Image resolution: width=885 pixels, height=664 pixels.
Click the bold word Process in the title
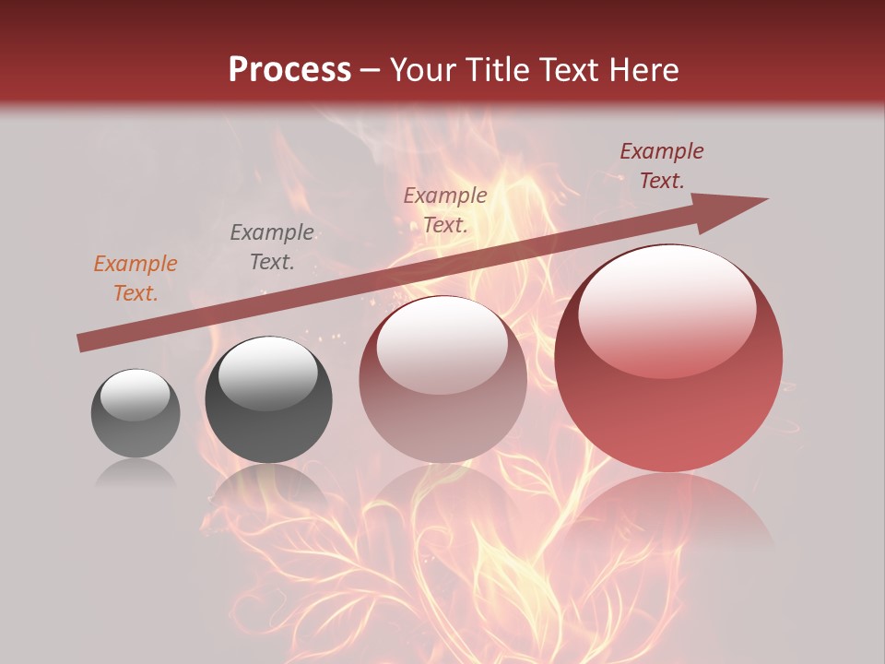point(289,69)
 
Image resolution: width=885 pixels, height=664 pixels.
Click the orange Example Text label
point(136,279)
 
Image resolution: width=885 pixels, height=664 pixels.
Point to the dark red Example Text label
point(662,166)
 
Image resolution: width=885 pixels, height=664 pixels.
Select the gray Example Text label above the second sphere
point(272,247)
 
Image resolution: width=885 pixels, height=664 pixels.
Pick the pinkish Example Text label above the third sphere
point(445,209)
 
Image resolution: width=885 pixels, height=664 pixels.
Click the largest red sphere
point(668,406)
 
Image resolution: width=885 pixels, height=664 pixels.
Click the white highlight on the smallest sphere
point(136,395)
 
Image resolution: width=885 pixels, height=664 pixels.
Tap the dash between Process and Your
point(371,70)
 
